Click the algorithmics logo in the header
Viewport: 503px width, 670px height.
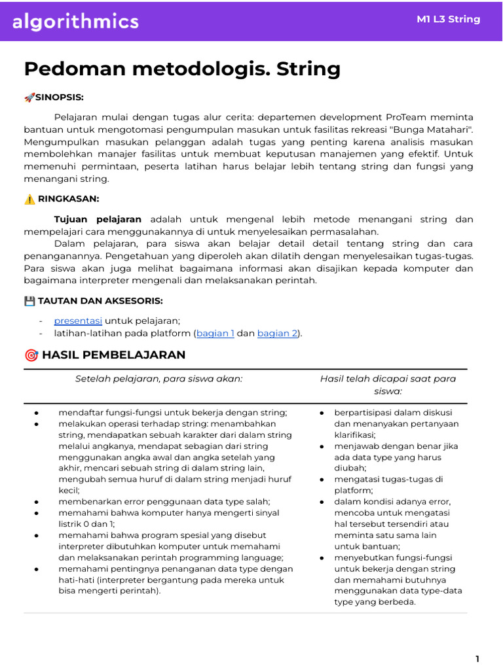(x=76, y=22)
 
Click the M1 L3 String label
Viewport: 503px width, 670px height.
(x=448, y=19)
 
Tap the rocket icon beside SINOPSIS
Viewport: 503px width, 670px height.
(x=29, y=97)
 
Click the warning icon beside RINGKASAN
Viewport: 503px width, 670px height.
(x=29, y=200)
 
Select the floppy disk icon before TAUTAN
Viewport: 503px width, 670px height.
(x=29, y=301)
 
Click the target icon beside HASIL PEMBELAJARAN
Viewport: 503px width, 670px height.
(x=31, y=355)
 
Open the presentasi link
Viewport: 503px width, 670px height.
(x=78, y=321)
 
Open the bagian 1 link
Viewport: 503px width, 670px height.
(x=215, y=334)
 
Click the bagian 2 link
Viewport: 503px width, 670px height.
(x=277, y=334)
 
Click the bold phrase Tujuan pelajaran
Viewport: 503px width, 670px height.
(x=98, y=219)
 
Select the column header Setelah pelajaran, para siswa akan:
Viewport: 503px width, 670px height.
(x=158, y=379)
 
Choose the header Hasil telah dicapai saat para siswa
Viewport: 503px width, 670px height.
(x=388, y=385)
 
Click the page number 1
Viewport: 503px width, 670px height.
(x=477, y=658)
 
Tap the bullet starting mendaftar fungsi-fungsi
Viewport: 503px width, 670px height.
(x=172, y=413)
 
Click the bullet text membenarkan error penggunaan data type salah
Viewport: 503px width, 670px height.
(x=164, y=501)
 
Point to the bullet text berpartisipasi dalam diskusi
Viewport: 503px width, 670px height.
(x=393, y=413)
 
